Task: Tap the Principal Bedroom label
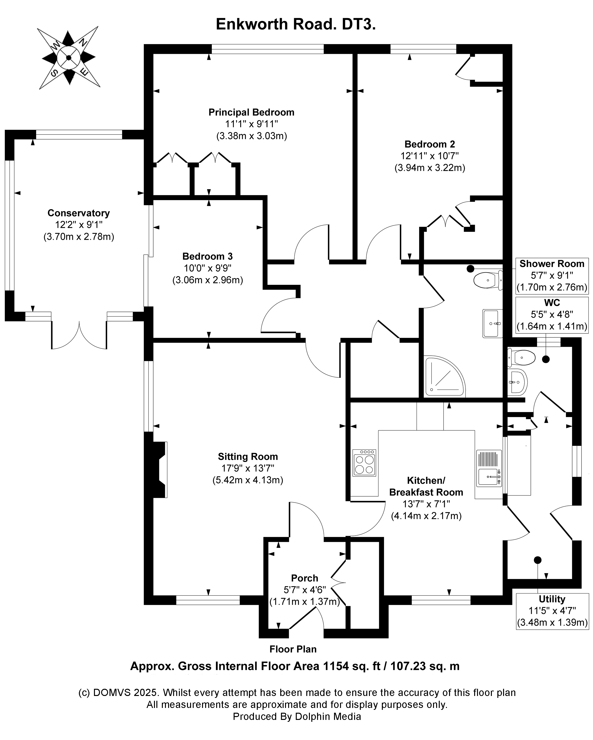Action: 251,112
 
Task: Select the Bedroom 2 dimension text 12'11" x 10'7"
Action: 429,156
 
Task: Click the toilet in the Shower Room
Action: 487,280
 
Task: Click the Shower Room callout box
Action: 552,276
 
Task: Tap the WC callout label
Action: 552,303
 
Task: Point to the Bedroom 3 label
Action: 208,256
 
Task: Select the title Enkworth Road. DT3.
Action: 296,25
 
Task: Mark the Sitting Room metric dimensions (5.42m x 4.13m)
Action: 248,480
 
